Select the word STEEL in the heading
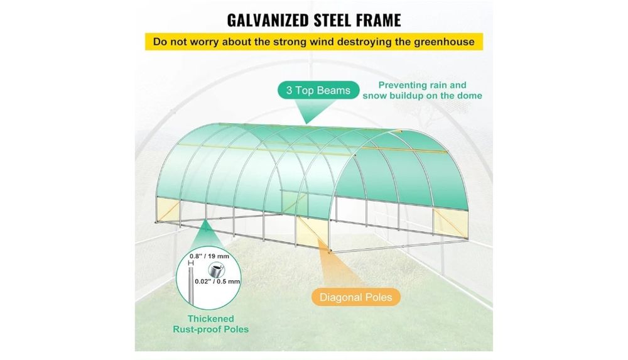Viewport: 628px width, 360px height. click(330, 20)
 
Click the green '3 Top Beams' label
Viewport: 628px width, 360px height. click(318, 90)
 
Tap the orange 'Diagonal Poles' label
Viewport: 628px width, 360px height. click(355, 297)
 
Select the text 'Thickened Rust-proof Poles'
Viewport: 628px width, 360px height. click(210, 324)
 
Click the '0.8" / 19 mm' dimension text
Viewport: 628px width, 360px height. click(210, 256)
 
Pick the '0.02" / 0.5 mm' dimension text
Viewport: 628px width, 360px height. click(217, 281)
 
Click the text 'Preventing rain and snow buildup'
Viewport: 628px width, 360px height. click(422, 90)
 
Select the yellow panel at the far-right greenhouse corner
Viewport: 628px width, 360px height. click(450, 222)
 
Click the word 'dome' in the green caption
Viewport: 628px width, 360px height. click(470, 96)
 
